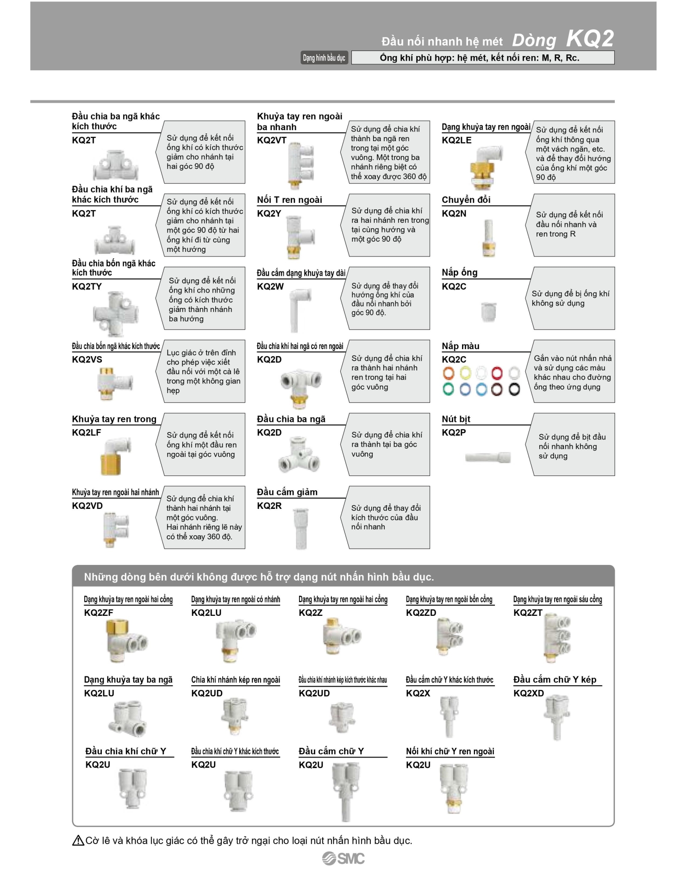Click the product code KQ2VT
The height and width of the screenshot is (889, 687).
pos(272,140)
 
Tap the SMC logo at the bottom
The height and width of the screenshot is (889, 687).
pos(343,858)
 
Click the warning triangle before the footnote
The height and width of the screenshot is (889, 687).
pos(78,840)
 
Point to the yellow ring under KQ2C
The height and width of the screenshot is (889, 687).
pos(465,373)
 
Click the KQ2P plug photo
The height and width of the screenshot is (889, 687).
pos(488,457)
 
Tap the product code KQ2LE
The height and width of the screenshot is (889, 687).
pos(456,140)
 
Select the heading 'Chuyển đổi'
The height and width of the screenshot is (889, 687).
pos(466,200)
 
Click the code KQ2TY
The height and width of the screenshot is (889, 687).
pos(87,287)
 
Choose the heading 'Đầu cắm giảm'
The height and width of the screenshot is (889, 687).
pos(287,492)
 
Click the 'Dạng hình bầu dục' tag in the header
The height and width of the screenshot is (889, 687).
pos(324,58)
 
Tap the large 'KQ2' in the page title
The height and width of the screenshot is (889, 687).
pos(590,39)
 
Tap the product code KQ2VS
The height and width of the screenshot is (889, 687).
pos(87,360)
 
